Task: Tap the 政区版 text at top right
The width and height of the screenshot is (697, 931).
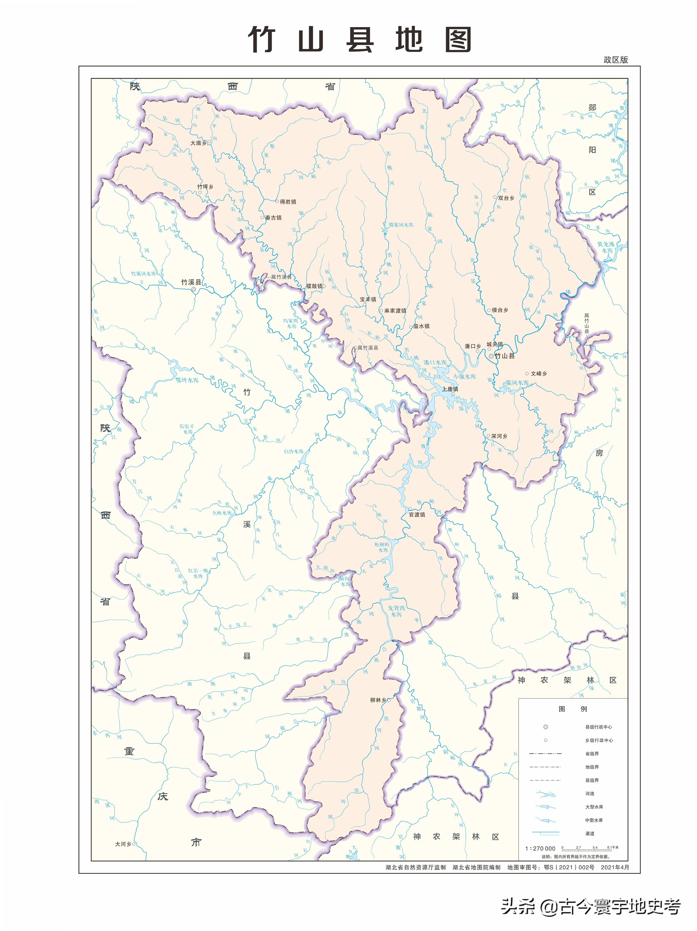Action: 615,59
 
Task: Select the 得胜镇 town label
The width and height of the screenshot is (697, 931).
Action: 288,202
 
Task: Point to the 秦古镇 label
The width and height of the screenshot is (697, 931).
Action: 273,218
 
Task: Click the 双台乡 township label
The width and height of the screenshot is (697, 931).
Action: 506,198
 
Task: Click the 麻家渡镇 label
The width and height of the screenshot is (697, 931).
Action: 395,311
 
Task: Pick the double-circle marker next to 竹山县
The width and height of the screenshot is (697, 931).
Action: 491,356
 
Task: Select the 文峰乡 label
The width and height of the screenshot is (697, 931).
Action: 539,373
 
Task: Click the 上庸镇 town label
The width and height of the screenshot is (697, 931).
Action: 450,389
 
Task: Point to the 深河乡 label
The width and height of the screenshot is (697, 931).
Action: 499,436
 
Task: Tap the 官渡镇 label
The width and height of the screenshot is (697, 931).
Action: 417,514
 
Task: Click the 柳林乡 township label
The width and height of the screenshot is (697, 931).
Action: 378,700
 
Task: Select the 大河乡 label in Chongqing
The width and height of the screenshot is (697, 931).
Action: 123,844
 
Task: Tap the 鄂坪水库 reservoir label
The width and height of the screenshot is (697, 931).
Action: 187,380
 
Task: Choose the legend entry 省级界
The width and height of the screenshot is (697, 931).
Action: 592,754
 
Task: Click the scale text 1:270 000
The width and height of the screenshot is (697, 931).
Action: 540,848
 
